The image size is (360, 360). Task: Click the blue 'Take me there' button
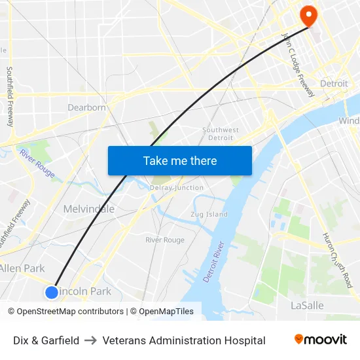[180, 160]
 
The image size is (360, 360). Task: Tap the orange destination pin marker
[307, 16]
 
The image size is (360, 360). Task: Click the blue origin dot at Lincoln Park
[52, 292]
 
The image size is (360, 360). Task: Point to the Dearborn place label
[86, 107]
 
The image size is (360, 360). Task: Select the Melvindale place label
[88, 209]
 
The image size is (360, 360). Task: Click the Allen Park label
[22, 268]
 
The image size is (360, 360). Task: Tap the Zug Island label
[209, 214]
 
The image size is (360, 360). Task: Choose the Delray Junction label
[177, 188]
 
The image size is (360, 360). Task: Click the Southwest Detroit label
[221, 134]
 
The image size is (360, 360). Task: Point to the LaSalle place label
[307, 306]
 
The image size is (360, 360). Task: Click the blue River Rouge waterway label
[37, 163]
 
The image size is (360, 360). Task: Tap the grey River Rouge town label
[165, 240]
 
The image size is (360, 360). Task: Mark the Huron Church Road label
[337, 260]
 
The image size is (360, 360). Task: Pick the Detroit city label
[334, 84]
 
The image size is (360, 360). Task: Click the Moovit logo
[321, 340]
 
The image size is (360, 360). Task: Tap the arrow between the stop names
[91, 340]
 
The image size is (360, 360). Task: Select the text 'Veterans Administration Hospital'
[184, 340]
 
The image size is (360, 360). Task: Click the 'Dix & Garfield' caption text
[46, 340]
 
